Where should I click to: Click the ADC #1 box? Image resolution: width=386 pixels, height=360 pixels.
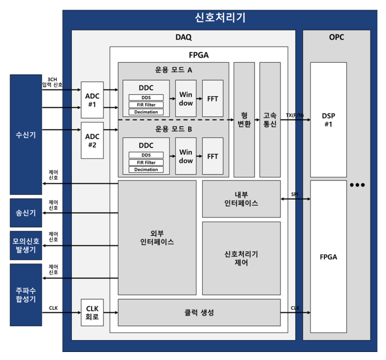point(92,99)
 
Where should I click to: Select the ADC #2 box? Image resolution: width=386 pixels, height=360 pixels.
point(92,140)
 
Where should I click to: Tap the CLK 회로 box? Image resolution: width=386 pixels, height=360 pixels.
point(92,312)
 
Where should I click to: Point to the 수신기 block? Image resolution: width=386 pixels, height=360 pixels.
point(26,134)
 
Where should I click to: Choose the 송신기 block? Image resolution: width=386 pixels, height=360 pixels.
point(26,213)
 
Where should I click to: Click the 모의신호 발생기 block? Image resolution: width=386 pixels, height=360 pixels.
point(26,245)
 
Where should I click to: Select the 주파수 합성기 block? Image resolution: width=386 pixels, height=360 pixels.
point(26,295)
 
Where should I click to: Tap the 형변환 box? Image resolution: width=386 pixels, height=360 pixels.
point(244,119)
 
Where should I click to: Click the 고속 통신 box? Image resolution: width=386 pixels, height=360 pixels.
point(270,119)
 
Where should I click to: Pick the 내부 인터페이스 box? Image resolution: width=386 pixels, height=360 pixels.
point(241,199)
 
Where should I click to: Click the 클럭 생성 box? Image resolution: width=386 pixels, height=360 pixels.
point(199,312)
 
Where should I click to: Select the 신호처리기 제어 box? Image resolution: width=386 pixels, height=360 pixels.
point(241,258)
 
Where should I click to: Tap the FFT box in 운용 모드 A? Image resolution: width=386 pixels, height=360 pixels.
point(213,99)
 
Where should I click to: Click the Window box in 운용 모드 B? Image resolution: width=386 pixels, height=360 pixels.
point(185,156)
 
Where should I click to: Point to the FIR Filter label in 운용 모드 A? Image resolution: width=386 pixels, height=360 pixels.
point(146,104)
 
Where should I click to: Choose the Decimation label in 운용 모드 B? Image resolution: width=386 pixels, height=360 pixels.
point(146,169)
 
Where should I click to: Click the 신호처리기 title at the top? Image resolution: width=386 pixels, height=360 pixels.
point(220,17)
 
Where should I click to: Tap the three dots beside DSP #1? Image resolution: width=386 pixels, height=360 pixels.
point(357,185)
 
